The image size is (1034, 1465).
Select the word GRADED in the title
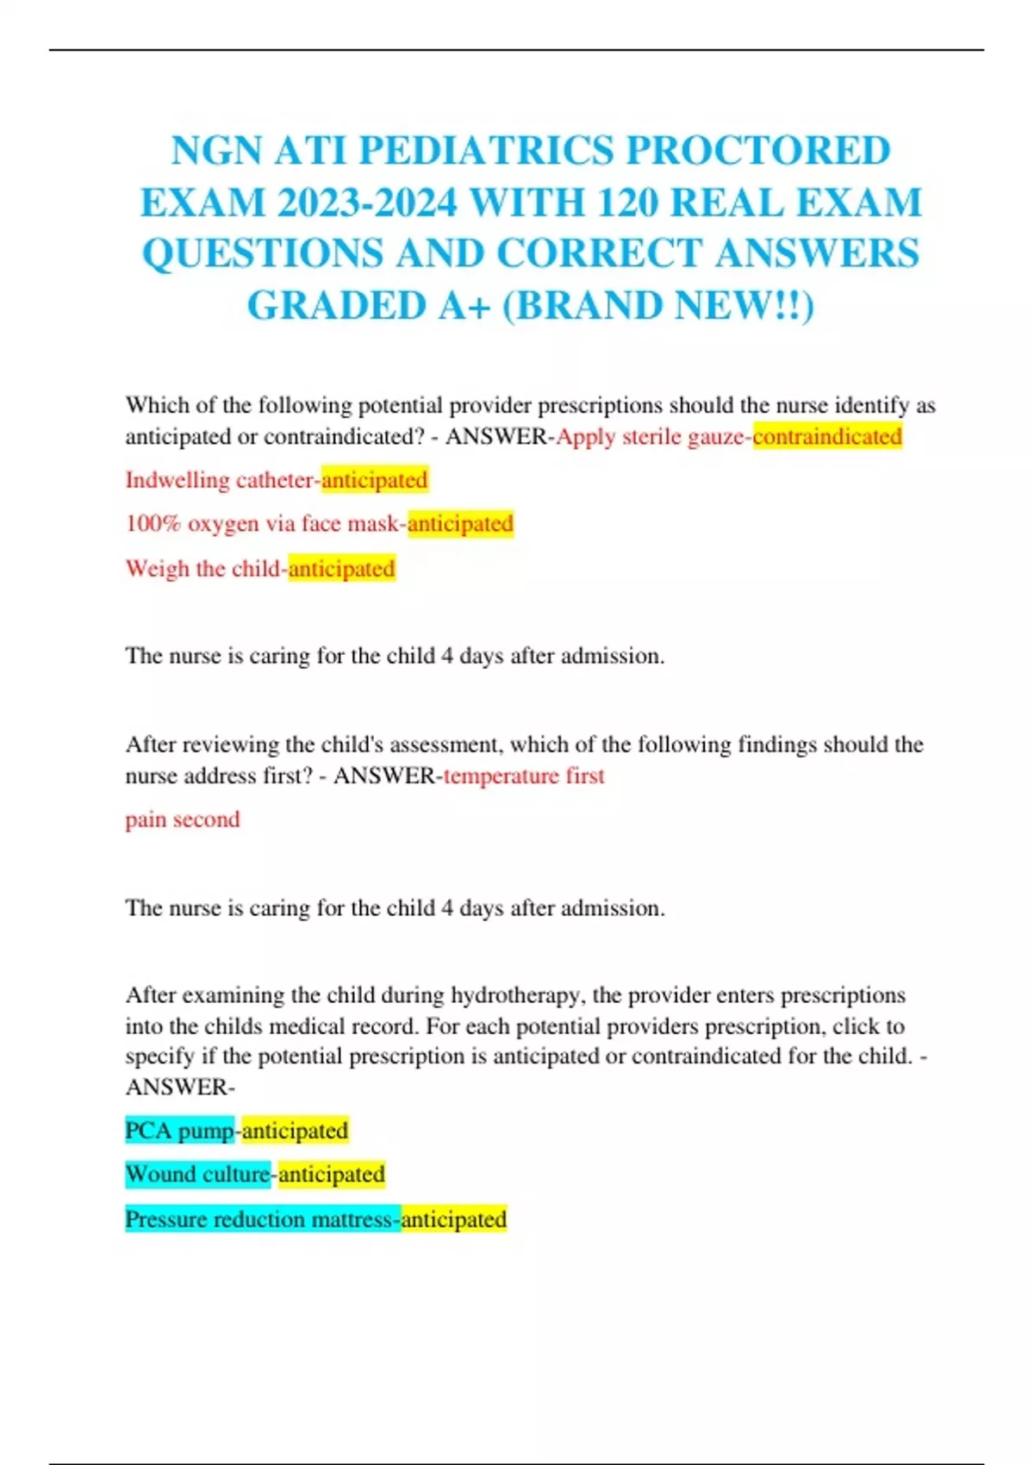tap(336, 305)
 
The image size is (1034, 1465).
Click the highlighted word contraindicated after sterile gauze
tap(827, 437)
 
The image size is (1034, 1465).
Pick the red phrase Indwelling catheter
tap(220, 480)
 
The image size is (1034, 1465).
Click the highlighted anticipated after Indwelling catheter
tap(374, 480)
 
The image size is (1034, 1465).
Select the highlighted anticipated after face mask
tap(460, 524)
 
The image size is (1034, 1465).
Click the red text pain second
tap(183, 820)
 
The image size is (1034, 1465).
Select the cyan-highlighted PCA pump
tap(179, 1131)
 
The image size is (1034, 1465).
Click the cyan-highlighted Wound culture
tap(197, 1175)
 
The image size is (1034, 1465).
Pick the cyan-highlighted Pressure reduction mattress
tap(262, 1219)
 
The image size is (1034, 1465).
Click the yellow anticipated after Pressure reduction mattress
tap(453, 1219)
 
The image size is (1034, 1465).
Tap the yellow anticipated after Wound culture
tap(331, 1175)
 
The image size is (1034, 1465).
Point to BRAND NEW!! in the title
tap(657, 305)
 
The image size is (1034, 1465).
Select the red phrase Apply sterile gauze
tap(650, 437)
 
